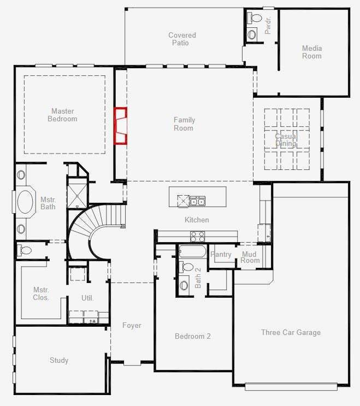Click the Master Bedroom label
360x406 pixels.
click(x=62, y=115)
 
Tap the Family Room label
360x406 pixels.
click(x=184, y=124)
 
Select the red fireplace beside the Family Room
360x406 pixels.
click(x=121, y=126)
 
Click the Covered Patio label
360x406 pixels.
click(x=182, y=39)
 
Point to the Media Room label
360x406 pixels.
click(x=312, y=52)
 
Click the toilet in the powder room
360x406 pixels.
click(x=255, y=18)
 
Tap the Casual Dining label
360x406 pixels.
click(x=286, y=140)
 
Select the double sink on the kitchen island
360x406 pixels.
click(x=197, y=201)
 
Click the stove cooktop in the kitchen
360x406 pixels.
click(x=197, y=237)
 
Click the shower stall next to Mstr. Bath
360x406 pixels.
click(x=78, y=193)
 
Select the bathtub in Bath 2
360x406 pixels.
click(x=192, y=251)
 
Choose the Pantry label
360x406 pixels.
click(x=221, y=255)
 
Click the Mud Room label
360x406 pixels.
click(x=250, y=257)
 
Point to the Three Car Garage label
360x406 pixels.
click(x=291, y=332)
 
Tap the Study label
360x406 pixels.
click(x=59, y=360)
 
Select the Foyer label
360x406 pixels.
click(x=132, y=325)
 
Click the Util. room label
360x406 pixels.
click(x=87, y=298)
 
